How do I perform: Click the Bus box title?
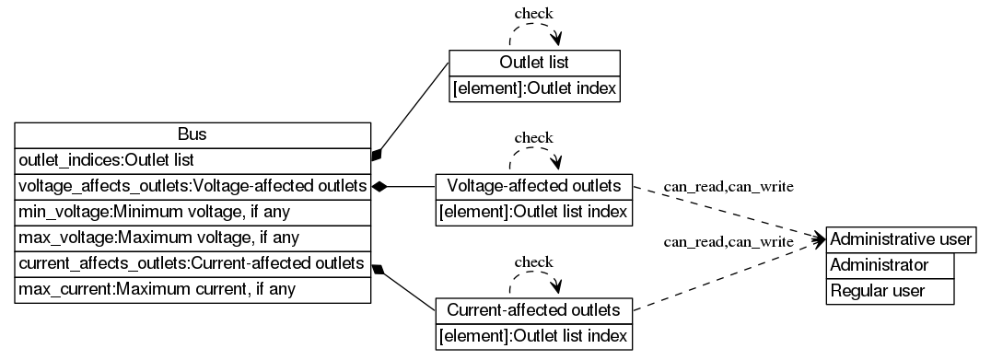(x=192, y=134)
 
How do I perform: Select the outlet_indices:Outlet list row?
(x=192, y=160)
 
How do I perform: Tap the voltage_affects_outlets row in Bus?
(x=192, y=186)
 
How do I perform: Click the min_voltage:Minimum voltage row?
(x=192, y=212)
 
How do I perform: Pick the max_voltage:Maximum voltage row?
(x=192, y=238)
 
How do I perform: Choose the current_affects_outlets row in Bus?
(x=192, y=264)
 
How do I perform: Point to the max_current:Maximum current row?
(x=192, y=290)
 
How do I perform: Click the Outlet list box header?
(x=534, y=63)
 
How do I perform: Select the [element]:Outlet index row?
(x=534, y=88)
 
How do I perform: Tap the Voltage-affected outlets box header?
(x=533, y=186)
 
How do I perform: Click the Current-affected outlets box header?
(x=533, y=309)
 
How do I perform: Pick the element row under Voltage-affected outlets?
(x=533, y=212)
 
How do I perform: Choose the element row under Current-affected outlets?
(x=533, y=335)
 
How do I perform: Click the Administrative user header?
(x=901, y=239)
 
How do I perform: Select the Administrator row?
(x=890, y=265)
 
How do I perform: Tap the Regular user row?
(x=890, y=291)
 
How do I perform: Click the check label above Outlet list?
(x=533, y=14)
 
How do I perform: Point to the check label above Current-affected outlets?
(x=533, y=261)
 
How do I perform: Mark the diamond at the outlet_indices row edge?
(x=377, y=155)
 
